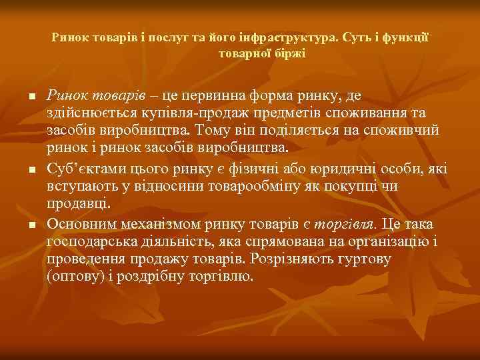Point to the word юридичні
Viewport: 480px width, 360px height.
[345, 170]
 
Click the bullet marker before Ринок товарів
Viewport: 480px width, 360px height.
[32, 98]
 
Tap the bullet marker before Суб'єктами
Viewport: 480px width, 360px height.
[32, 171]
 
